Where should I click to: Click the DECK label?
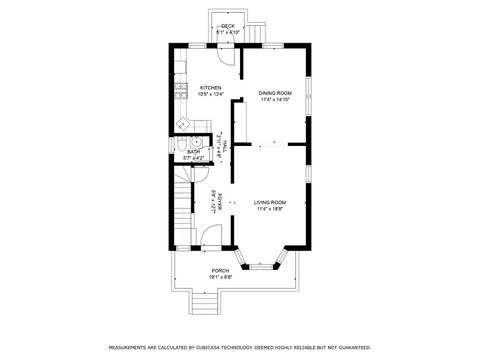tap(227, 25)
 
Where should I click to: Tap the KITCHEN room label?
tap(210, 88)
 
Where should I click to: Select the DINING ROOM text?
tap(274, 93)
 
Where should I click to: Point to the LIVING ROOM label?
tap(269, 202)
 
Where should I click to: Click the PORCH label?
tap(219, 270)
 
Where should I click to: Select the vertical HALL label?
tap(226, 147)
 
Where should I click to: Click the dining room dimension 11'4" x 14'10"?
tap(275, 100)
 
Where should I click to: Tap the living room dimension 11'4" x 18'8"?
tap(269, 209)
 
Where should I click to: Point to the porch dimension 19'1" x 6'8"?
tap(219, 277)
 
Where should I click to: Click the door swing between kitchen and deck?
tap(229, 54)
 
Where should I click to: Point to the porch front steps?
tap(205, 303)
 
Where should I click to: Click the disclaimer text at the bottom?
tap(239, 348)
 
